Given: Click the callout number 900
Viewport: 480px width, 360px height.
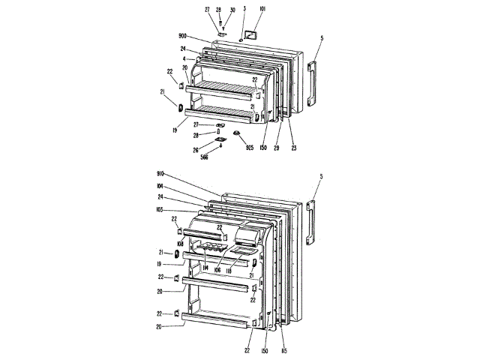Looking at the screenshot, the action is coord(182,36).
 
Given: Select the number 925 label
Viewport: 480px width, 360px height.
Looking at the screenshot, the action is coord(249,148).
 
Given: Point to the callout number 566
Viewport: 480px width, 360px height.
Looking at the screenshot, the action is coord(205,157).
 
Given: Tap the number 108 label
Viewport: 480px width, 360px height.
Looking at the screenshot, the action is coord(180,243).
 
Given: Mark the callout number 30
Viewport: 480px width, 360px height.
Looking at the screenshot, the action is coord(232,10).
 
